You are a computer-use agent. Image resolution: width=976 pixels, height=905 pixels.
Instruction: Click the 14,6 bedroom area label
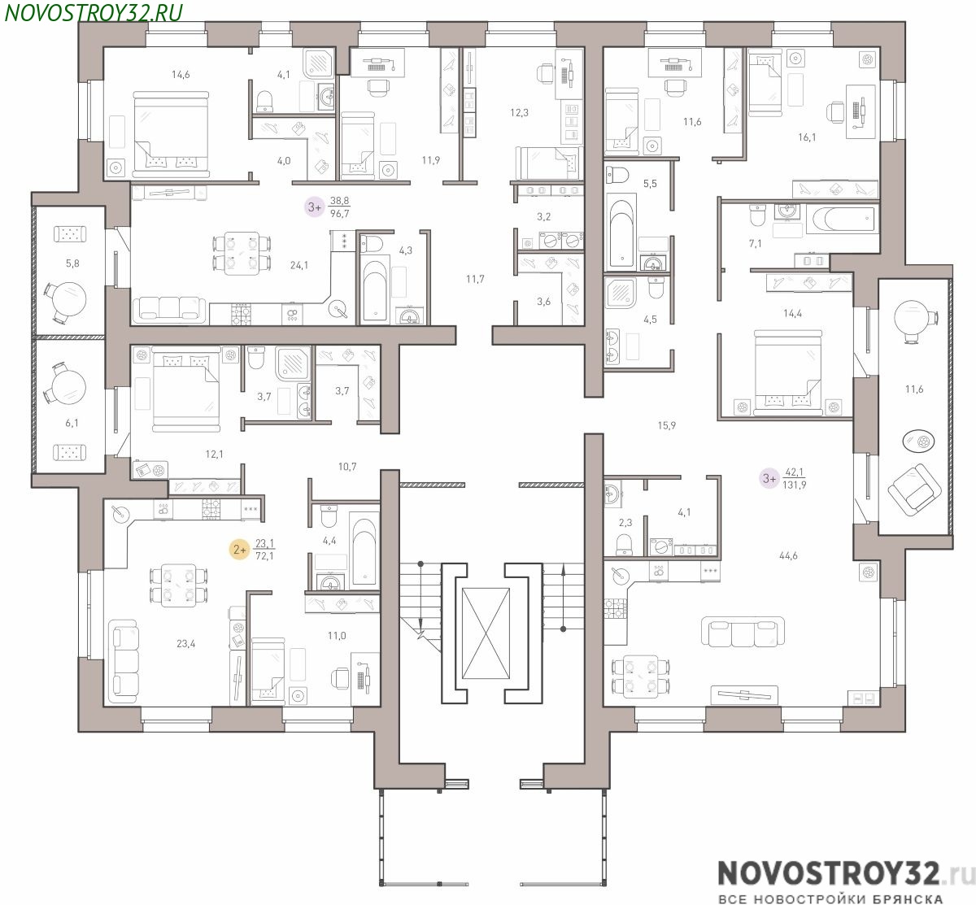coord(181,75)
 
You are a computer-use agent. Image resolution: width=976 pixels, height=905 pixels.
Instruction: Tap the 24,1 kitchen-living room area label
coord(299,265)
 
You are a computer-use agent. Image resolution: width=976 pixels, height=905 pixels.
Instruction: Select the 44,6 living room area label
coord(788,555)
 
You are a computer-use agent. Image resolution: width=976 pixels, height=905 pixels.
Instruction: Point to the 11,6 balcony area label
coord(914,389)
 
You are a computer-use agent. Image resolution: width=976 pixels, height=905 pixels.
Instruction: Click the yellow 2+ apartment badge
coord(240,550)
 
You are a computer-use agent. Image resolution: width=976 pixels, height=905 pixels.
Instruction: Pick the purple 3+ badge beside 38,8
coord(315,207)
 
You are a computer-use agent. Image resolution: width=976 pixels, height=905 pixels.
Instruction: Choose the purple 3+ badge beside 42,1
coord(769,478)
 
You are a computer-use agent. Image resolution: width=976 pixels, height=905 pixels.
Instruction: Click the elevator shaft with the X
coord(486,633)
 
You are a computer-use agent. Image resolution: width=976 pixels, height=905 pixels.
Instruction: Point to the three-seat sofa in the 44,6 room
coord(742,632)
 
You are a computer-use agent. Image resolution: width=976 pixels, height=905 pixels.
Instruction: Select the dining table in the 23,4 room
coord(178,585)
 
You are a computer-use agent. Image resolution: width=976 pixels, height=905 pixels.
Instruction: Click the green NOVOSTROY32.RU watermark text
coord(94,12)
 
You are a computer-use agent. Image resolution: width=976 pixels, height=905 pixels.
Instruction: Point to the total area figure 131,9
coord(795,485)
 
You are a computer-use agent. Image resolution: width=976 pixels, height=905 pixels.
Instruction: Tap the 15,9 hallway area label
coord(666,425)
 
